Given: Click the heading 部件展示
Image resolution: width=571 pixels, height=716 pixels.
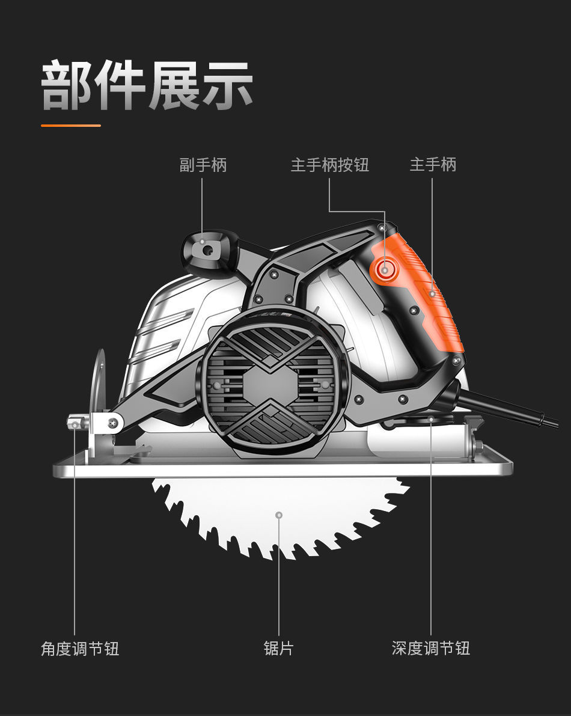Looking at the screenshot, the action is (x=147, y=85).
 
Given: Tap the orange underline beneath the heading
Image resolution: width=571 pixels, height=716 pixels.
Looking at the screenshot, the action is (x=70, y=126).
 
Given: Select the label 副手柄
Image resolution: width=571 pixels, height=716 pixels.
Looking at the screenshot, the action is (x=203, y=165).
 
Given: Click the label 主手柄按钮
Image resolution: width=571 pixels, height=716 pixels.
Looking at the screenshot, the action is (x=329, y=165).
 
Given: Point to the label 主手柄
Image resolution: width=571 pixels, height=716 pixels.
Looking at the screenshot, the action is (x=433, y=165).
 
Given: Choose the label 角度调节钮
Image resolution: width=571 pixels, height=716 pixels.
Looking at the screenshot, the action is (x=80, y=649).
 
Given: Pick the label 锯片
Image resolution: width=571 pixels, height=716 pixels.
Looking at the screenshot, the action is (x=279, y=649).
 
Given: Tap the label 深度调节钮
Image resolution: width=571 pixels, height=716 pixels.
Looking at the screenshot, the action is (x=430, y=649).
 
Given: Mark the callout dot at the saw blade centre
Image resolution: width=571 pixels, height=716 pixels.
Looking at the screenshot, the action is (x=279, y=515).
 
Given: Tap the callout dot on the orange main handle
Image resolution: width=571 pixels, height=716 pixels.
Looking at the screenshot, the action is (x=432, y=294).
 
